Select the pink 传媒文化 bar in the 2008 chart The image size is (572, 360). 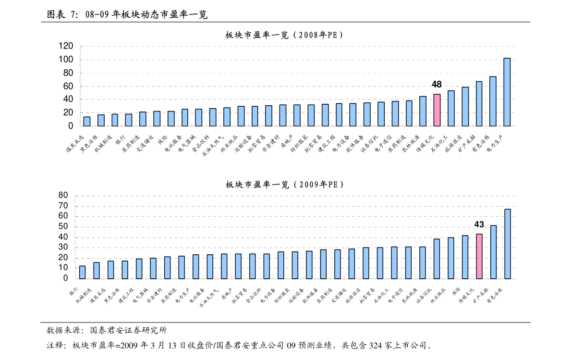coord(437,110)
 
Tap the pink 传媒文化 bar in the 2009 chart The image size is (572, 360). coord(479,256)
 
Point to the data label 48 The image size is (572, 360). coord(437,85)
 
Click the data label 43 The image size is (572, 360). coord(479,224)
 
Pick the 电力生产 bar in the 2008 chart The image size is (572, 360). coord(507,92)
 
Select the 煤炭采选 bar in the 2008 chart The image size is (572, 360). coord(87,121)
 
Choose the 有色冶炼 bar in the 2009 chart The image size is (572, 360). coord(507,244)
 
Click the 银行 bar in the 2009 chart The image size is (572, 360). coord(82,272)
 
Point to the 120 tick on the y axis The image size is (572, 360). coord(66,46)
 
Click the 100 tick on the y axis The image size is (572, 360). coord(66,60)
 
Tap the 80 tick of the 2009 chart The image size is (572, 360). coord(63,195)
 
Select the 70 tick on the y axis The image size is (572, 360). coord(63,206)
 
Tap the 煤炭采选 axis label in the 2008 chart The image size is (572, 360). coord(76,144)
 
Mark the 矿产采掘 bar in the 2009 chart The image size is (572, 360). coord(493,252)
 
